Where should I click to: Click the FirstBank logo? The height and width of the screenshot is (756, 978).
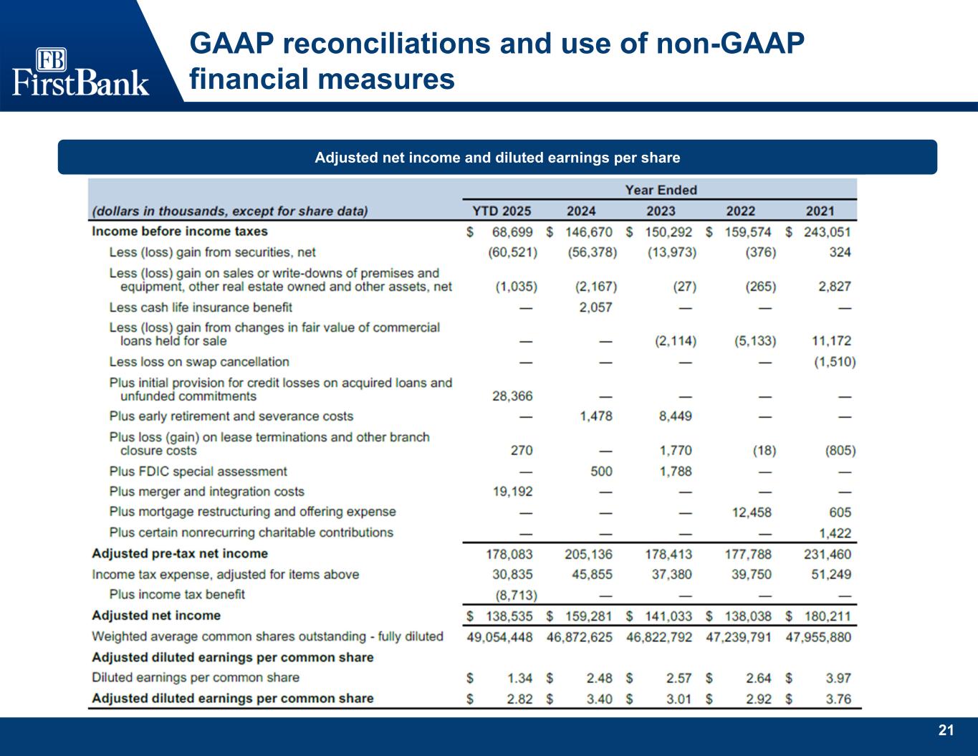pos(80,72)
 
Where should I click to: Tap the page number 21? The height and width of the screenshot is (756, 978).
pos(946,730)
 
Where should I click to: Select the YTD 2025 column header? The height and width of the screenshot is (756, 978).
pos(502,211)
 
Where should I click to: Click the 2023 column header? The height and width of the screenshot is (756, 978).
pos(661,211)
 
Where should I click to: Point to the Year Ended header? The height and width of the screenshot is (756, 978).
pos(661,190)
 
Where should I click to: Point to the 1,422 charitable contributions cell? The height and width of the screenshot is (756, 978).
pos(835,533)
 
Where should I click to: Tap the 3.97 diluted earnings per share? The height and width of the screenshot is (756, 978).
pos(838,678)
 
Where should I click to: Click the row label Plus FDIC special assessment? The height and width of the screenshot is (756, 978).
pos(198,472)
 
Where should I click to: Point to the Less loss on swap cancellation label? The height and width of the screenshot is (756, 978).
pos(199,362)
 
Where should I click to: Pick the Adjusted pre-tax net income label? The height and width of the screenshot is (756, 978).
pos(179,554)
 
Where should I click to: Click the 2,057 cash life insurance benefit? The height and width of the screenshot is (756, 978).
pos(596,307)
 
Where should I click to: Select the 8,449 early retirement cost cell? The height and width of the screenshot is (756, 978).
pos(676,416)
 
